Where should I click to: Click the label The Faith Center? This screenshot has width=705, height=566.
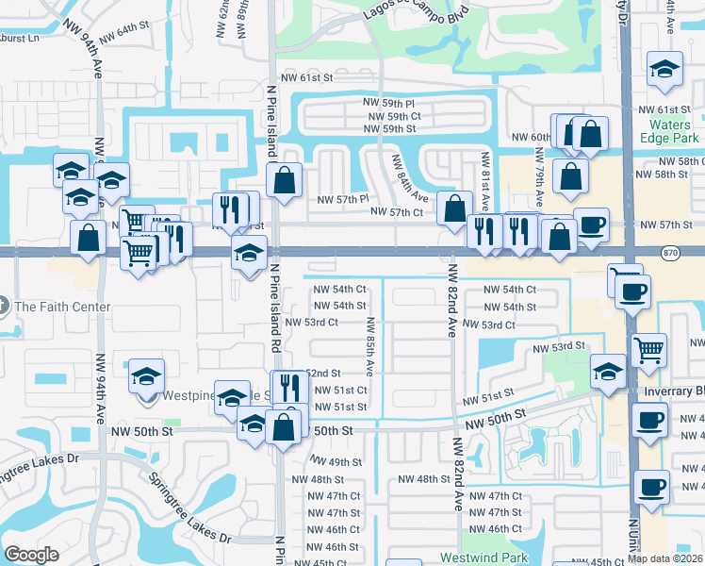coord(62,307)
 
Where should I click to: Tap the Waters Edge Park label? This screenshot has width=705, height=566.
coord(673,131)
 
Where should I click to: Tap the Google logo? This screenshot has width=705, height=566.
coord(32,555)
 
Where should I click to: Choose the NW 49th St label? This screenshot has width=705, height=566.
coord(337,462)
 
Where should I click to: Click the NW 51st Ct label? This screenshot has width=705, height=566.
coord(339,390)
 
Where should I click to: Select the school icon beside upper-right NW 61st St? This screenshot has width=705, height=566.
coord(664,69)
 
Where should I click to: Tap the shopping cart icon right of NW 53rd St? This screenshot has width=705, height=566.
coord(649,351)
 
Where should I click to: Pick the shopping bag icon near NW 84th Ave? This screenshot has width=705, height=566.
coord(454,208)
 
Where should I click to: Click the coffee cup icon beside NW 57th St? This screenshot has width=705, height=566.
coord(591,225)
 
